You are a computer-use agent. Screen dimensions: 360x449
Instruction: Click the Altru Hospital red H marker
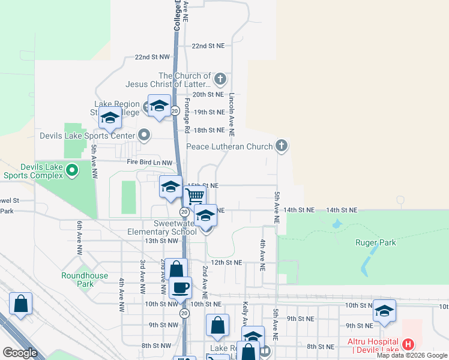(408, 344)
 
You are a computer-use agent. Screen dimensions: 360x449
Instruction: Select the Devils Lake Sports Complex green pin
(72, 170)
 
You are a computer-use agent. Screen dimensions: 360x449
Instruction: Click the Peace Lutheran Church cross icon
(281, 146)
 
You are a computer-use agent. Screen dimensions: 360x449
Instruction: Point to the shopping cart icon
(194, 196)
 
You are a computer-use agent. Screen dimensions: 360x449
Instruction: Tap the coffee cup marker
(180, 287)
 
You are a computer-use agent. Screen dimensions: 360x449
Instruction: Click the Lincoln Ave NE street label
(232, 113)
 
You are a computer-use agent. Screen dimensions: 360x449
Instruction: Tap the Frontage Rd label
(187, 116)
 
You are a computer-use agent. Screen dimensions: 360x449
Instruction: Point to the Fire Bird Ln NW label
(149, 163)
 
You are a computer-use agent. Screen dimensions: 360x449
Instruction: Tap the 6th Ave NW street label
(79, 238)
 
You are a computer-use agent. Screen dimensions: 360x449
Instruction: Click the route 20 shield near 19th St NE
(175, 111)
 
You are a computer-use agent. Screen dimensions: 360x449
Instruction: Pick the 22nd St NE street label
(208, 46)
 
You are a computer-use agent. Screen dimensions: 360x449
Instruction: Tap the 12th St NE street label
(226, 262)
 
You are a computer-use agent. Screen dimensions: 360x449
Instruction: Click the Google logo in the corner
(20, 353)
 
